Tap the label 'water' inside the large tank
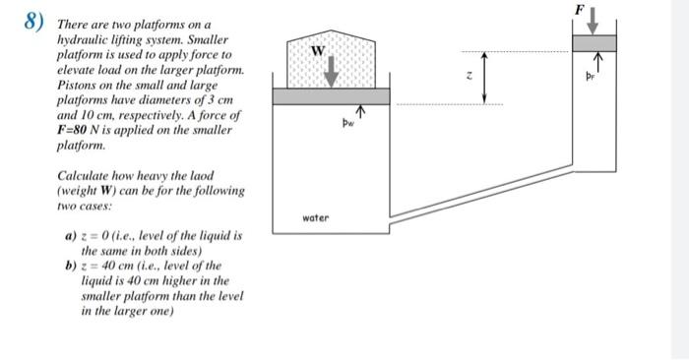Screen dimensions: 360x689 point(316,217)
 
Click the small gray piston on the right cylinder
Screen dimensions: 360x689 point(596,42)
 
